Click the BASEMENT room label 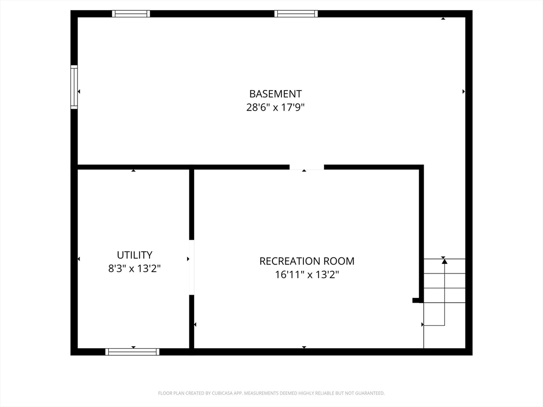tap(275, 94)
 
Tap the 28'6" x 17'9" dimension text tap(275, 107)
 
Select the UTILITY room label tap(134, 255)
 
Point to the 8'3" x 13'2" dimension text tap(134, 269)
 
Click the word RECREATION tap(290, 261)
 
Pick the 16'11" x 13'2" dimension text tap(307, 275)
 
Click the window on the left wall tap(74, 87)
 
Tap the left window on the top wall tap(131, 14)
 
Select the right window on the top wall tap(296, 14)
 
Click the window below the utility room tap(132, 352)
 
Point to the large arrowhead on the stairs tap(444, 261)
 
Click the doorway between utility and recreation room tap(191, 267)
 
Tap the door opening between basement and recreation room tap(307, 167)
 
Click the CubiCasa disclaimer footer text tap(271, 393)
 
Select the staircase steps tap(444, 281)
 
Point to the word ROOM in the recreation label tap(339, 261)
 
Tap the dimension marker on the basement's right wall tap(463, 91)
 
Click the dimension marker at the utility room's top tap(133, 171)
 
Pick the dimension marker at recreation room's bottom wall tap(304, 347)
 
